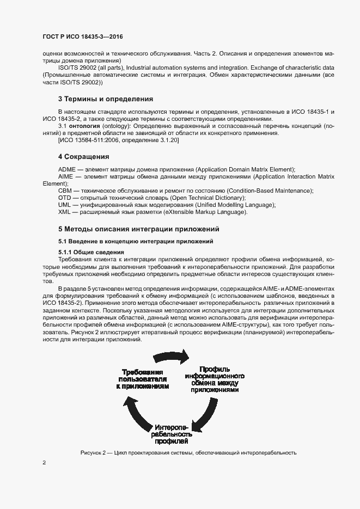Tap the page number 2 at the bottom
(44, 463)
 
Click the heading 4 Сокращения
(84, 157)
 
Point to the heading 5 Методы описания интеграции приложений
(138, 229)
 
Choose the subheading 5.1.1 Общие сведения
(91, 252)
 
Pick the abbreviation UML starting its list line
(65, 204)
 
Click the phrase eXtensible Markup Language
(205, 211)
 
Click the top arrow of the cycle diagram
(170, 356)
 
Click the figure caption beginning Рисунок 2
(188, 453)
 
